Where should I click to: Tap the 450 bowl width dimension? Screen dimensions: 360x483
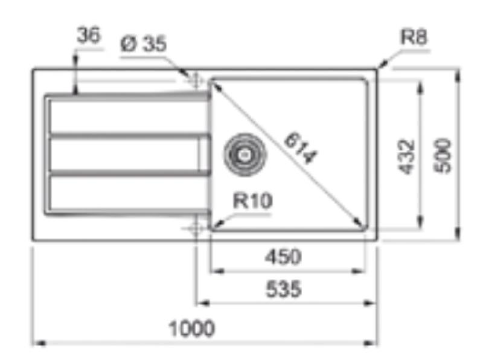click(283, 257)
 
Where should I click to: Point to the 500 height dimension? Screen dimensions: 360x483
click(444, 156)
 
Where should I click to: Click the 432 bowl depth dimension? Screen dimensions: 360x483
click(408, 156)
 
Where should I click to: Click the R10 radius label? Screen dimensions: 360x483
click(253, 201)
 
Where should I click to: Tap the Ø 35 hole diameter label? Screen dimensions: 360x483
click(143, 43)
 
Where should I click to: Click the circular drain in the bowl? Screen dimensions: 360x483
click(244, 154)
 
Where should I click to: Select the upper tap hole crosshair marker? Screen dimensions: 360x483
click(195, 80)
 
